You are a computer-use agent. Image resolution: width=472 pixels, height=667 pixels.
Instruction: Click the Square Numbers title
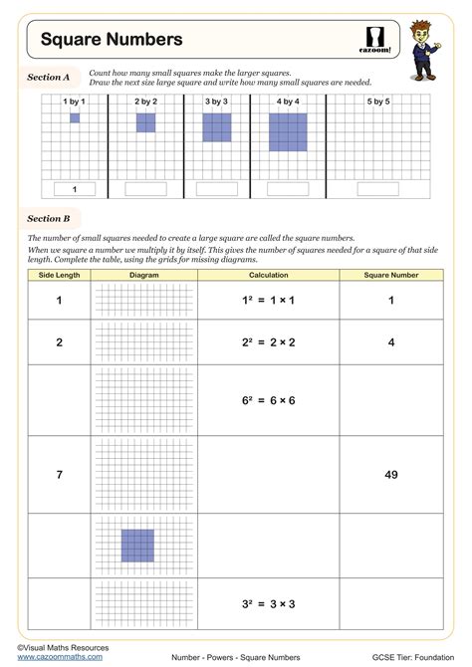(x=112, y=40)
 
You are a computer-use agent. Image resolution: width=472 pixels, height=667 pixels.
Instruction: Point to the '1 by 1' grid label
(x=74, y=102)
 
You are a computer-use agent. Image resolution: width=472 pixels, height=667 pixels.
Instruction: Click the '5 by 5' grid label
(x=378, y=102)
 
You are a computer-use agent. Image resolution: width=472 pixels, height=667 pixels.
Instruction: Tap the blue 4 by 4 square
(x=289, y=132)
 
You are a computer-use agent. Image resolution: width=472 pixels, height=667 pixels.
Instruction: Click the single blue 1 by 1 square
(x=75, y=118)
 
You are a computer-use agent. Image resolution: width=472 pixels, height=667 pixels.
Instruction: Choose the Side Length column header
(x=59, y=275)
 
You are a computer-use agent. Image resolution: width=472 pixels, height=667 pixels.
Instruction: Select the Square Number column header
(x=391, y=275)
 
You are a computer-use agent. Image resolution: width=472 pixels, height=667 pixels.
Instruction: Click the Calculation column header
(x=269, y=275)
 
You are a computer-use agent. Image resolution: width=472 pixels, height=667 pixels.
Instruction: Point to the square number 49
(x=391, y=475)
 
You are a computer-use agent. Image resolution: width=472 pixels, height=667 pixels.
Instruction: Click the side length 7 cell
(x=59, y=475)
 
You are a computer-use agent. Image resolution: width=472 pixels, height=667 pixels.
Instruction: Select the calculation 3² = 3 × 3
(x=269, y=604)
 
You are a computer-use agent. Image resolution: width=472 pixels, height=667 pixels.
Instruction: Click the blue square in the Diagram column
(x=137, y=546)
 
